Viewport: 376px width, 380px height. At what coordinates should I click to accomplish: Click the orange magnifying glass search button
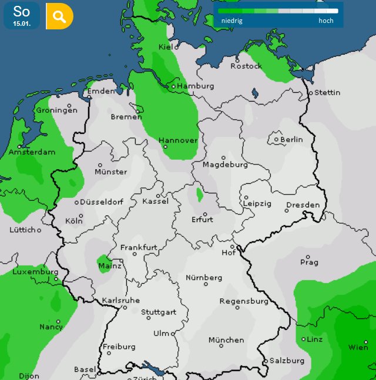coord(60,16)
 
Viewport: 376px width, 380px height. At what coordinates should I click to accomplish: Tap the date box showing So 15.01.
coord(22,16)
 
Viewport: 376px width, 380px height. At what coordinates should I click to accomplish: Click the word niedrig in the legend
coord(232,21)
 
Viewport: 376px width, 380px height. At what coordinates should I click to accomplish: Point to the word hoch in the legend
coord(326,21)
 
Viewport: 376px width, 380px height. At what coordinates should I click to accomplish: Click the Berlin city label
coord(291,140)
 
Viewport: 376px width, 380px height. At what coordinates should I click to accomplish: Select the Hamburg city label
coord(196,86)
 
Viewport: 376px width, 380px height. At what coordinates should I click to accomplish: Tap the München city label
coord(226,340)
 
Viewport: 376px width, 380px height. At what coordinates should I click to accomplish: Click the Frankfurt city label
coord(139,247)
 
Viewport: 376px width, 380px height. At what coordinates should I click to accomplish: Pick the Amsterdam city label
coord(32,152)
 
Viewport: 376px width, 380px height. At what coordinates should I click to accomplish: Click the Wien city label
coord(358,347)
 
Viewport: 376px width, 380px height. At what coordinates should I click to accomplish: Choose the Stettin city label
coord(327,93)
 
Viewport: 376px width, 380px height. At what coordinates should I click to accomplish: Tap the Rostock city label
coord(246,66)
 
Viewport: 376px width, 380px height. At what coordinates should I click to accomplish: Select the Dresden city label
coord(303,205)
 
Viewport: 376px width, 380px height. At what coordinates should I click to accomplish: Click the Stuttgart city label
coord(159,312)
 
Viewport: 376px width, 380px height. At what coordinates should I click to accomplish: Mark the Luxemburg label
coord(35,272)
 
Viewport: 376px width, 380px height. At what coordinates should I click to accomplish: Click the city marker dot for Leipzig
coord(246,197)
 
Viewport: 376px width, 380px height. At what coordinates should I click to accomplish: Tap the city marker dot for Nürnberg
coord(206,284)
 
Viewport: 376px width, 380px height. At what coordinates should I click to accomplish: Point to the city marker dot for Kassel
coord(159,196)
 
